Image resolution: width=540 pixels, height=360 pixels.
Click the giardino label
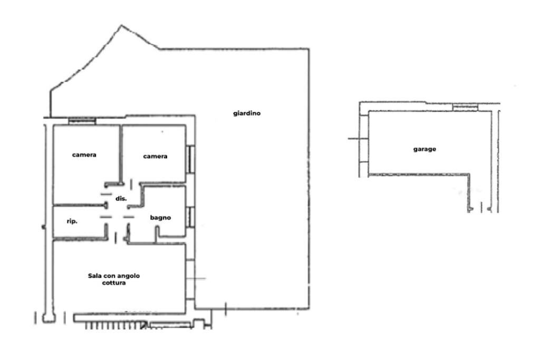[247, 113]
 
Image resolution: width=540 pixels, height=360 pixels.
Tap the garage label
[425, 149]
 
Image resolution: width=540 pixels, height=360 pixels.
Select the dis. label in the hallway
[121, 199]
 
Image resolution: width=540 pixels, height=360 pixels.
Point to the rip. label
[72, 221]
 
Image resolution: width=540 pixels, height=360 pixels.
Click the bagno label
[160, 218]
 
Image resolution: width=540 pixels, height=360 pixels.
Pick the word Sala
[95, 276]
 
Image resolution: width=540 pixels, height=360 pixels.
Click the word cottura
[114, 283]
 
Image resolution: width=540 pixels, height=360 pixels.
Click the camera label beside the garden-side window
[156, 156]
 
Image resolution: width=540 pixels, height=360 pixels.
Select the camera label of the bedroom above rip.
[84, 155]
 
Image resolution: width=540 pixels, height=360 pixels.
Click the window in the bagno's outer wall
[190, 217]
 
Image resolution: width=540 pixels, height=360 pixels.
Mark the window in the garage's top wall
[465, 108]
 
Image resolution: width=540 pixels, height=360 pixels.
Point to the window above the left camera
[82, 121]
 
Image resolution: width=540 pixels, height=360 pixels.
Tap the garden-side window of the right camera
[190, 159]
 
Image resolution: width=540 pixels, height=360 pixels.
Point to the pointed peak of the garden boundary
[121, 25]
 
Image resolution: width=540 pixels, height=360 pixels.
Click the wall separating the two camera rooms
[121, 154]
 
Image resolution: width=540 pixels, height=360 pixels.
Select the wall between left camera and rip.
[79, 206]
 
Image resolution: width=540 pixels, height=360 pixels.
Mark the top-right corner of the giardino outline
[308, 49]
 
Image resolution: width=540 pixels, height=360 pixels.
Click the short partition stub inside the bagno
[157, 234]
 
